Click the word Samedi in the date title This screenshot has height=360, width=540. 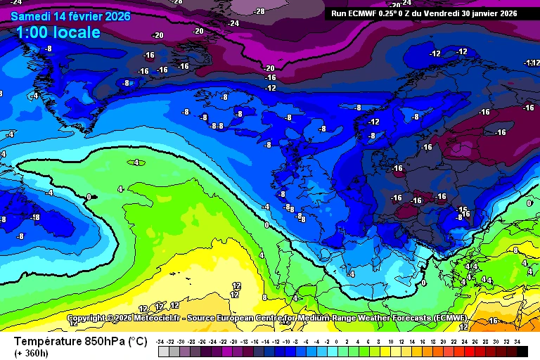(x=31, y=16)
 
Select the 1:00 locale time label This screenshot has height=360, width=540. (x=58, y=32)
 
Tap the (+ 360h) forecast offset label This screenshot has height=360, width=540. (x=33, y=353)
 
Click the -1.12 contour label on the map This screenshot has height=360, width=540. (x=531, y=63)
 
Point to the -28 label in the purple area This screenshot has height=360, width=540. (x=259, y=11)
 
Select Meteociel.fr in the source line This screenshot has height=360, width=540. (x=155, y=319)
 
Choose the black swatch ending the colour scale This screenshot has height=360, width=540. (x=522, y=351)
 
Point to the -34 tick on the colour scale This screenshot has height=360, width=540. (x=160, y=340)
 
